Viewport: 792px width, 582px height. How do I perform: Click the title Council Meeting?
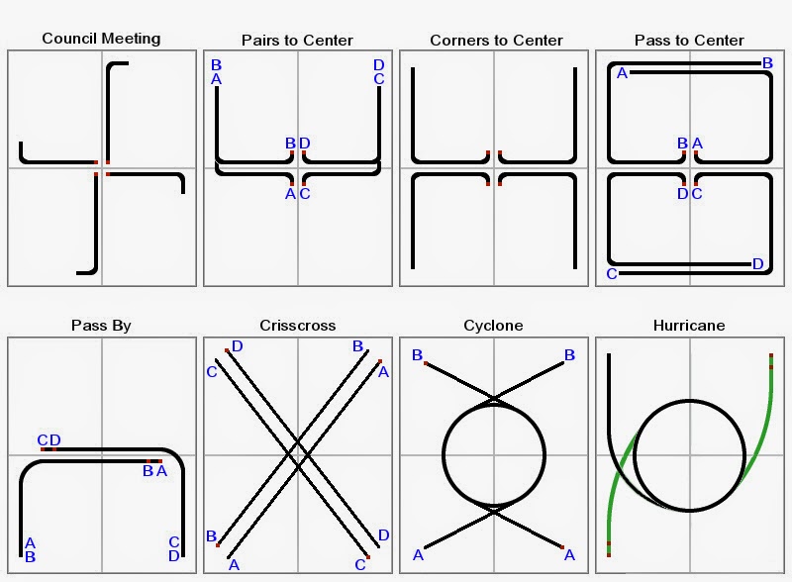point(101,39)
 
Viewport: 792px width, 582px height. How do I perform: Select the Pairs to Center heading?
point(297,41)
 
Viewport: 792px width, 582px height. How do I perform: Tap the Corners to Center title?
point(496,41)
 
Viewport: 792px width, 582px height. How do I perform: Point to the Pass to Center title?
point(689,41)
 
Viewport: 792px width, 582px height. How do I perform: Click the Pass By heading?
point(101,325)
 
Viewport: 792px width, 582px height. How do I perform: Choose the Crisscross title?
point(297,325)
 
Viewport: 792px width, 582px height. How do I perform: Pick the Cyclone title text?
point(493,325)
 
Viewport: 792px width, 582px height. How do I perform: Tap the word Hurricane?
point(689,325)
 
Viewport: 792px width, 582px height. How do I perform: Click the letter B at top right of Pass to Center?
point(767,63)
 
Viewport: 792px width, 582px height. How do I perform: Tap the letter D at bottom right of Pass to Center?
point(757,263)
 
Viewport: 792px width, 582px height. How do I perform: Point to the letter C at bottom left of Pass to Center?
point(612,273)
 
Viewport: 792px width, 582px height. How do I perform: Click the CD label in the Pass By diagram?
point(49,440)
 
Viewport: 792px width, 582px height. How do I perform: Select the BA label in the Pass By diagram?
point(154,470)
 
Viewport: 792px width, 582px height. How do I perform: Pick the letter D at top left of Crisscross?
point(237,347)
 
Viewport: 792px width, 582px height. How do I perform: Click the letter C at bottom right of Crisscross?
point(360,564)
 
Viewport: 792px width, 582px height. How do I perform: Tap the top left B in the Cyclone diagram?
point(418,355)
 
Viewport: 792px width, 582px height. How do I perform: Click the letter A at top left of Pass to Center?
point(623,73)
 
